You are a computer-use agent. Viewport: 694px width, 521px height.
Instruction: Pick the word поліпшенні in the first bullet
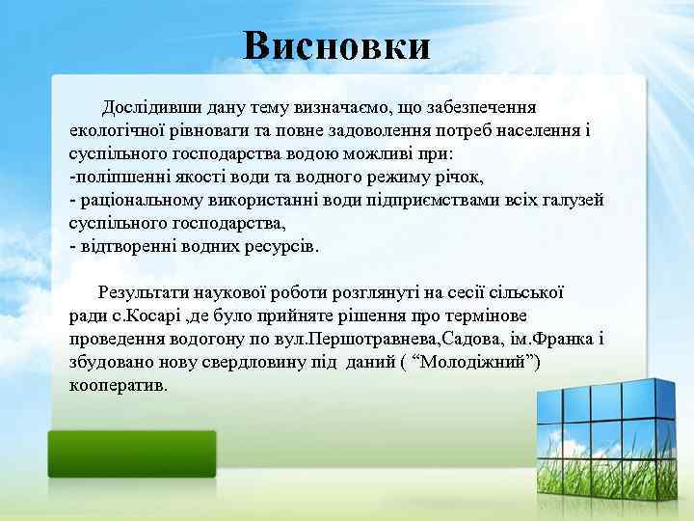coord(126,177)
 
